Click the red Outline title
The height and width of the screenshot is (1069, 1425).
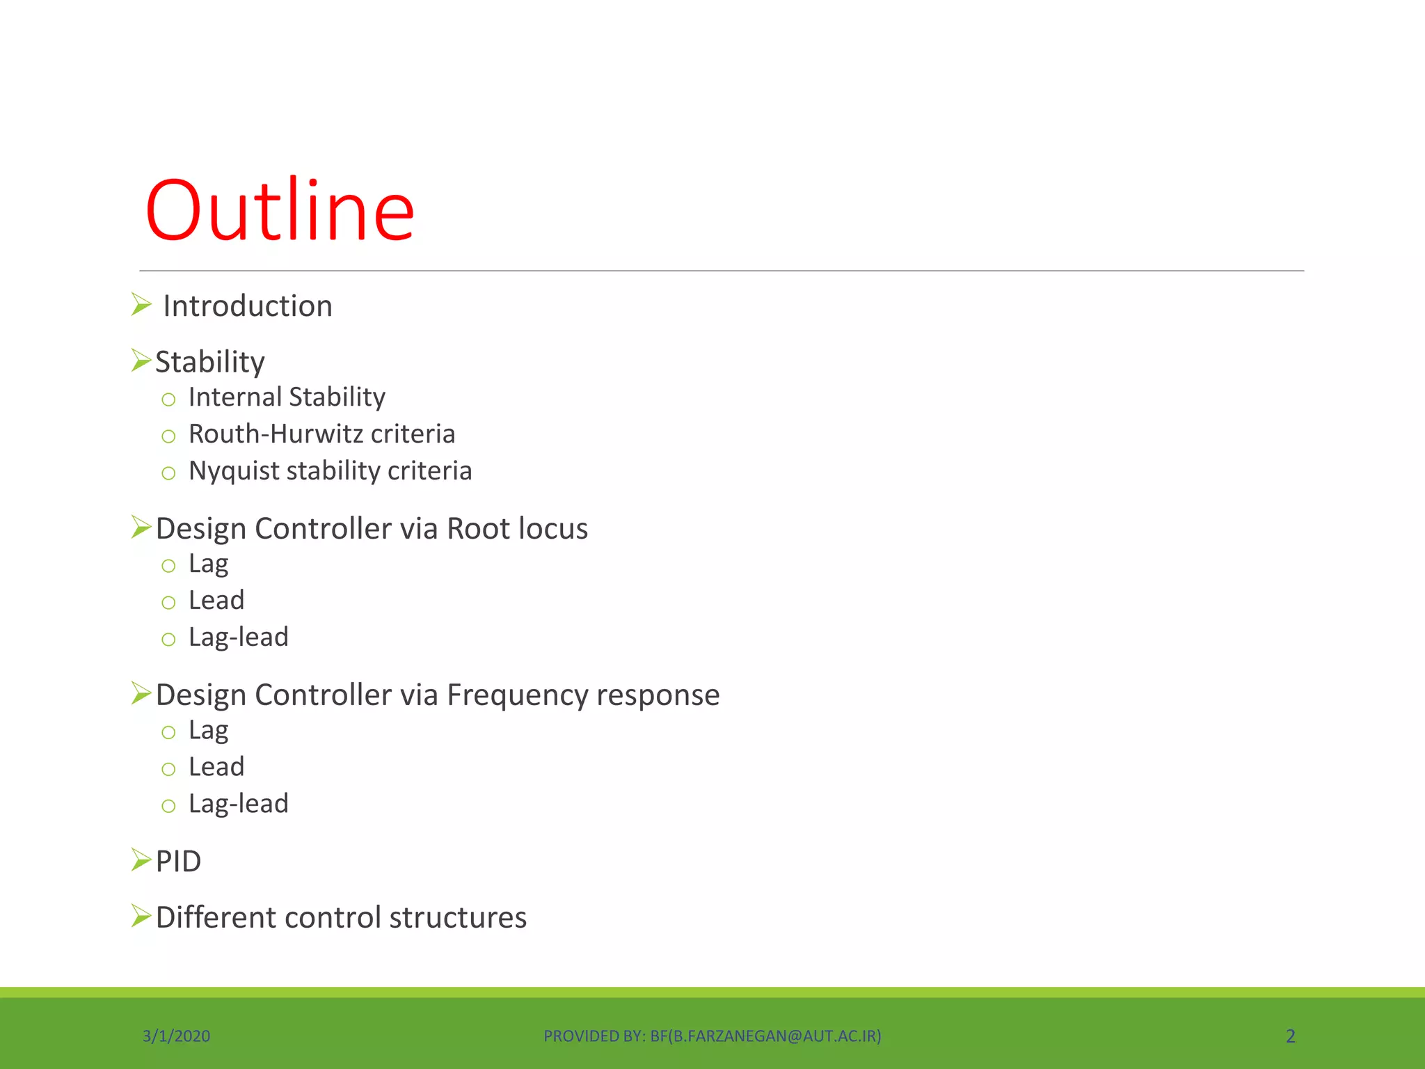280,210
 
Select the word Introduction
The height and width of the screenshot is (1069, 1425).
247,306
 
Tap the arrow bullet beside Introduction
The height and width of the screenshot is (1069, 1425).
141,305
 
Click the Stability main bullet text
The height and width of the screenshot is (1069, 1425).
209,362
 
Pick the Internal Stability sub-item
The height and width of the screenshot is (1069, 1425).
287,397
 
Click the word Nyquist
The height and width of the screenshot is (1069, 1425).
233,471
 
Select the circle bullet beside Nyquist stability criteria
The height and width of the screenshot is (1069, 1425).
168,473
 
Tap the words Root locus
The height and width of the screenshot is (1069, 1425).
517,529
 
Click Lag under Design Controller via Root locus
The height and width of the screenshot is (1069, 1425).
208,564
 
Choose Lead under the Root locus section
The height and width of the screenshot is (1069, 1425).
216,601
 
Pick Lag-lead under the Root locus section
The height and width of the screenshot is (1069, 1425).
238,638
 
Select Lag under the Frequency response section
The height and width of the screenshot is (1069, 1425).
208,730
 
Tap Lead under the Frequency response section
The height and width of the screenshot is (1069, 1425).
216,767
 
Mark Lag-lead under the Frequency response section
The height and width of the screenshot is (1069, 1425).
238,804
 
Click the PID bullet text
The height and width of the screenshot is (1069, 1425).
178,862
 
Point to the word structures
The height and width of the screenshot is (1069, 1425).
458,917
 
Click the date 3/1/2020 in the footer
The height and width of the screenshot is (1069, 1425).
176,1036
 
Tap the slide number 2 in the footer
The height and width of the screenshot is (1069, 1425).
1290,1036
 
